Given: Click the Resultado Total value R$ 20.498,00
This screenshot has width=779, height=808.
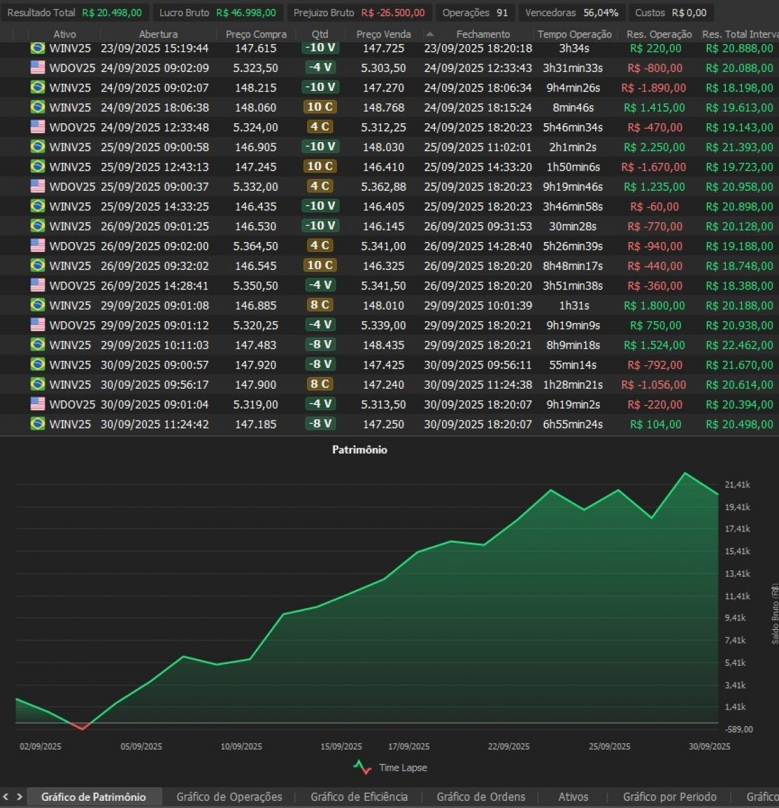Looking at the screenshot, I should [112, 13].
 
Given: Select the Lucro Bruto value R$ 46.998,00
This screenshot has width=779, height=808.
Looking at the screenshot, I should [245, 13].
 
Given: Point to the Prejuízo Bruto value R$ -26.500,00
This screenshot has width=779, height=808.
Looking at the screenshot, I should [393, 13].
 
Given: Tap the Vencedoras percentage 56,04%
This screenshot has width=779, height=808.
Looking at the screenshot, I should [600, 13].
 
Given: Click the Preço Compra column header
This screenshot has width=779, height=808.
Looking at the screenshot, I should [256, 34].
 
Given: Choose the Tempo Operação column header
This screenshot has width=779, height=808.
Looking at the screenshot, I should [575, 34].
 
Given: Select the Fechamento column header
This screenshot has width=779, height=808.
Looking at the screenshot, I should [483, 34].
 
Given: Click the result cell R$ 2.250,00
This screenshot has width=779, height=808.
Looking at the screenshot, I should [654, 147].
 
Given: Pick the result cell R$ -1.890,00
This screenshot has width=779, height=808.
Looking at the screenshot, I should [653, 88].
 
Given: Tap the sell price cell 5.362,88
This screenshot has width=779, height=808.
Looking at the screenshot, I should [384, 187].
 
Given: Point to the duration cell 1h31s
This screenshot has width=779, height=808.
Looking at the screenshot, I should [574, 306].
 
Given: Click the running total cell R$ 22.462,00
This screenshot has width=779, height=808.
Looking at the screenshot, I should [739, 345].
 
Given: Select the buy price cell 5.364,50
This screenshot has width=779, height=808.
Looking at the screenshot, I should [256, 246].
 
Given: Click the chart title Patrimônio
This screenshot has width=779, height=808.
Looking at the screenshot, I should [360, 450].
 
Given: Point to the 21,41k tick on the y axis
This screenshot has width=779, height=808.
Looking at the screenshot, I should [737, 485].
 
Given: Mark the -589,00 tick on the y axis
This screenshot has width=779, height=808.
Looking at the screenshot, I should [739, 729].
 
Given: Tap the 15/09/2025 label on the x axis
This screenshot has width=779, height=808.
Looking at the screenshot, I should [341, 747].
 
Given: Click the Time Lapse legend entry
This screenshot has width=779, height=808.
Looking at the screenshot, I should [402, 768].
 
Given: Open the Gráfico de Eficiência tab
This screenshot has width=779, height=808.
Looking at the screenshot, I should [359, 797].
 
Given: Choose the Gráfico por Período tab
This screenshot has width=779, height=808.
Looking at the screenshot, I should [669, 797].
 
